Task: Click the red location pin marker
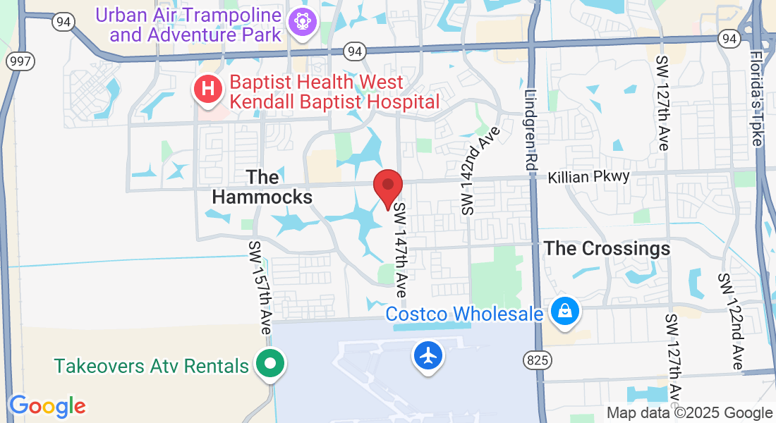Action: tap(387, 186)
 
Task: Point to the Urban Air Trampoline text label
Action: tap(189, 23)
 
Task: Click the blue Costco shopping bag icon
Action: tap(565, 311)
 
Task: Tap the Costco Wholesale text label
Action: tap(464, 313)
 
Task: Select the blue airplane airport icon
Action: tap(428, 355)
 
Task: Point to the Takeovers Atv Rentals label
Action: tap(152, 366)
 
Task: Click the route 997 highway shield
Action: tap(19, 61)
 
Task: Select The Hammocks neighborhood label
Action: tap(262, 186)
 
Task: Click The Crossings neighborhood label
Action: tap(607, 248)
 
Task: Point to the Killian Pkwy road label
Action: tap(588, 176)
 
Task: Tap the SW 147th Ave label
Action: tap(401, 250)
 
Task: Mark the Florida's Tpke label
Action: tap(757, 99)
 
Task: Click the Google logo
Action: tap(47, 405)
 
